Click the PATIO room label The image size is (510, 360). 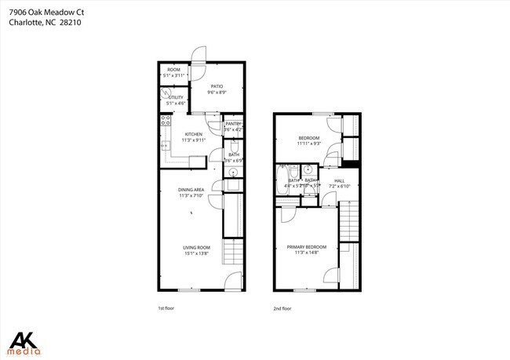(217, 86)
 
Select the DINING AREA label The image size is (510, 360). (191, 189)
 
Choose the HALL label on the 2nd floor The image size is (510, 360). (340, 181)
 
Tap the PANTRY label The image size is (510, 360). (233, 124)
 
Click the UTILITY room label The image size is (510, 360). (176, 97)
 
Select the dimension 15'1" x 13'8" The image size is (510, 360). (198, 253)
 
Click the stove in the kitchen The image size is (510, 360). (166, 121)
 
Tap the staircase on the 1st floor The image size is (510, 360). (234, 253)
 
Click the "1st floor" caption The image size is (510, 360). (166, 308)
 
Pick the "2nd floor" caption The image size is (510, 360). (281, 308)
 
